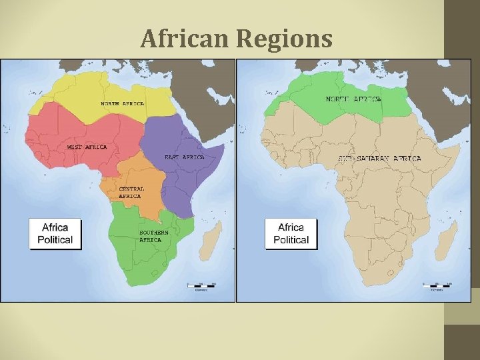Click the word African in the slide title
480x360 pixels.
coord(184,39)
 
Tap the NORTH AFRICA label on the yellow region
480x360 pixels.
coord(122,104)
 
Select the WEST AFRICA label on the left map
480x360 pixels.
coord(87,147)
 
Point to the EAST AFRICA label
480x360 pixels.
coord(184,157)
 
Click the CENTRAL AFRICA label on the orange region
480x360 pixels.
coord(131,193)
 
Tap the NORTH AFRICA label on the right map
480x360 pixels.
coord(353,99)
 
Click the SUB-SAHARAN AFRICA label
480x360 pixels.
coord(379,159)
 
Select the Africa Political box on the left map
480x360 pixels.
coord(55,234)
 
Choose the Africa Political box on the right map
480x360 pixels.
coord(291,234)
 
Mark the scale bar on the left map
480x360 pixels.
coord(201,286)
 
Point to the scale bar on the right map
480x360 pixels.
coord(437,286)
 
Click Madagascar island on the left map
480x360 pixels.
coord(212,241)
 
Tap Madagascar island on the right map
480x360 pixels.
coord(449,241)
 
